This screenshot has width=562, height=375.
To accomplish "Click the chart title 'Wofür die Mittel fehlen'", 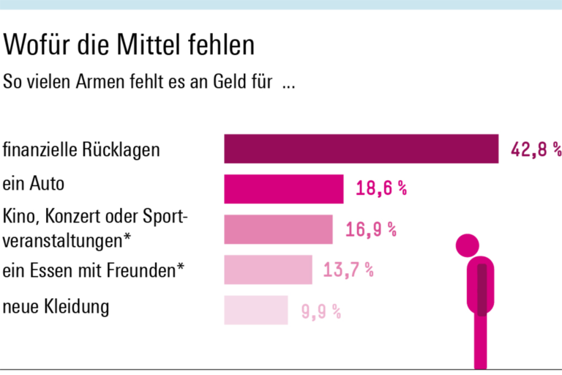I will [130, 46].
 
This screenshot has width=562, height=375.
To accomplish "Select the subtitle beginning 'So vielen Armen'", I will [149, 82].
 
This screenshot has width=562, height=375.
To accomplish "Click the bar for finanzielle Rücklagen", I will [361, 149].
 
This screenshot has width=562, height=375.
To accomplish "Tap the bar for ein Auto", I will [283, 189].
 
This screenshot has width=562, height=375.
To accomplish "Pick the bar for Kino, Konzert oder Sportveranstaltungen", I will [278, 229].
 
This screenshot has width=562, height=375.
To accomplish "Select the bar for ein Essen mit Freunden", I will [268, 270].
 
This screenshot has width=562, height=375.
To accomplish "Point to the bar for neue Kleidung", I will [255, 310].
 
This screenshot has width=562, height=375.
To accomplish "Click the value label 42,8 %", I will [536, 149].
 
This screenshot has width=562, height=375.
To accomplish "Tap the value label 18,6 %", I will [381, 189].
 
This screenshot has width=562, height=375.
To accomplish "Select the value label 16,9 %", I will [371, 229].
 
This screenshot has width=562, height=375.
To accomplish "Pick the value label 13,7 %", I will [348, 270].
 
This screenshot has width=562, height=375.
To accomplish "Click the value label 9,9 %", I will [321, 311].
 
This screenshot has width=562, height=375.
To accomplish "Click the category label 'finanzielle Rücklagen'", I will [81, 151].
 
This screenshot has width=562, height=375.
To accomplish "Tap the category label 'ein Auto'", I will [34, 183].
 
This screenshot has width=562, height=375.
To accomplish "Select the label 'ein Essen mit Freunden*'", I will [94, 271].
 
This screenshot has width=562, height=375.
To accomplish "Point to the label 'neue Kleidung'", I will [56, 305].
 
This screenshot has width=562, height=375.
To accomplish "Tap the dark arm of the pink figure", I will [482, 289].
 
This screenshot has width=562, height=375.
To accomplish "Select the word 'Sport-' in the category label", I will [166, 218].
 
